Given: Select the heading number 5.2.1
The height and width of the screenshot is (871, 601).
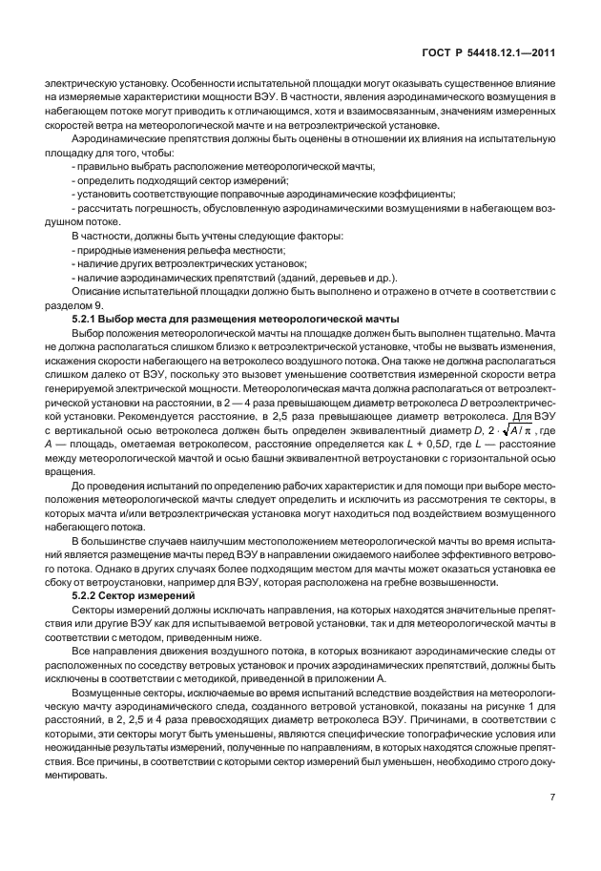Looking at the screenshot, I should (x=88, y=318).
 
